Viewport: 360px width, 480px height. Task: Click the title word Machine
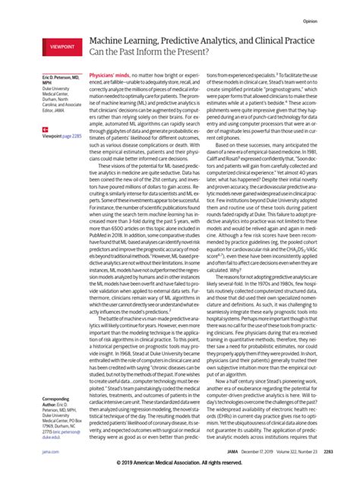pos(109,48)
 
